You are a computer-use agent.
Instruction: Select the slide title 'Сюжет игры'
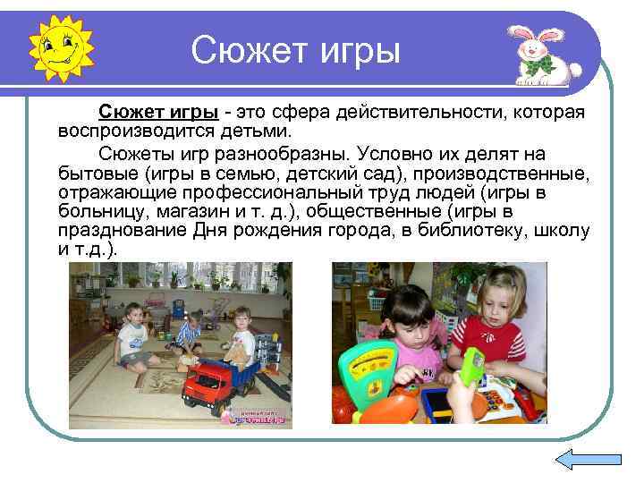coord(296,50)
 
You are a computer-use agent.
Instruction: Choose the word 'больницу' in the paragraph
coord(99,212)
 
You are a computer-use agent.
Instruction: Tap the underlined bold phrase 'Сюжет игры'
coord(158,113)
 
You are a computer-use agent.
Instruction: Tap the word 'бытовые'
coord(97,173)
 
